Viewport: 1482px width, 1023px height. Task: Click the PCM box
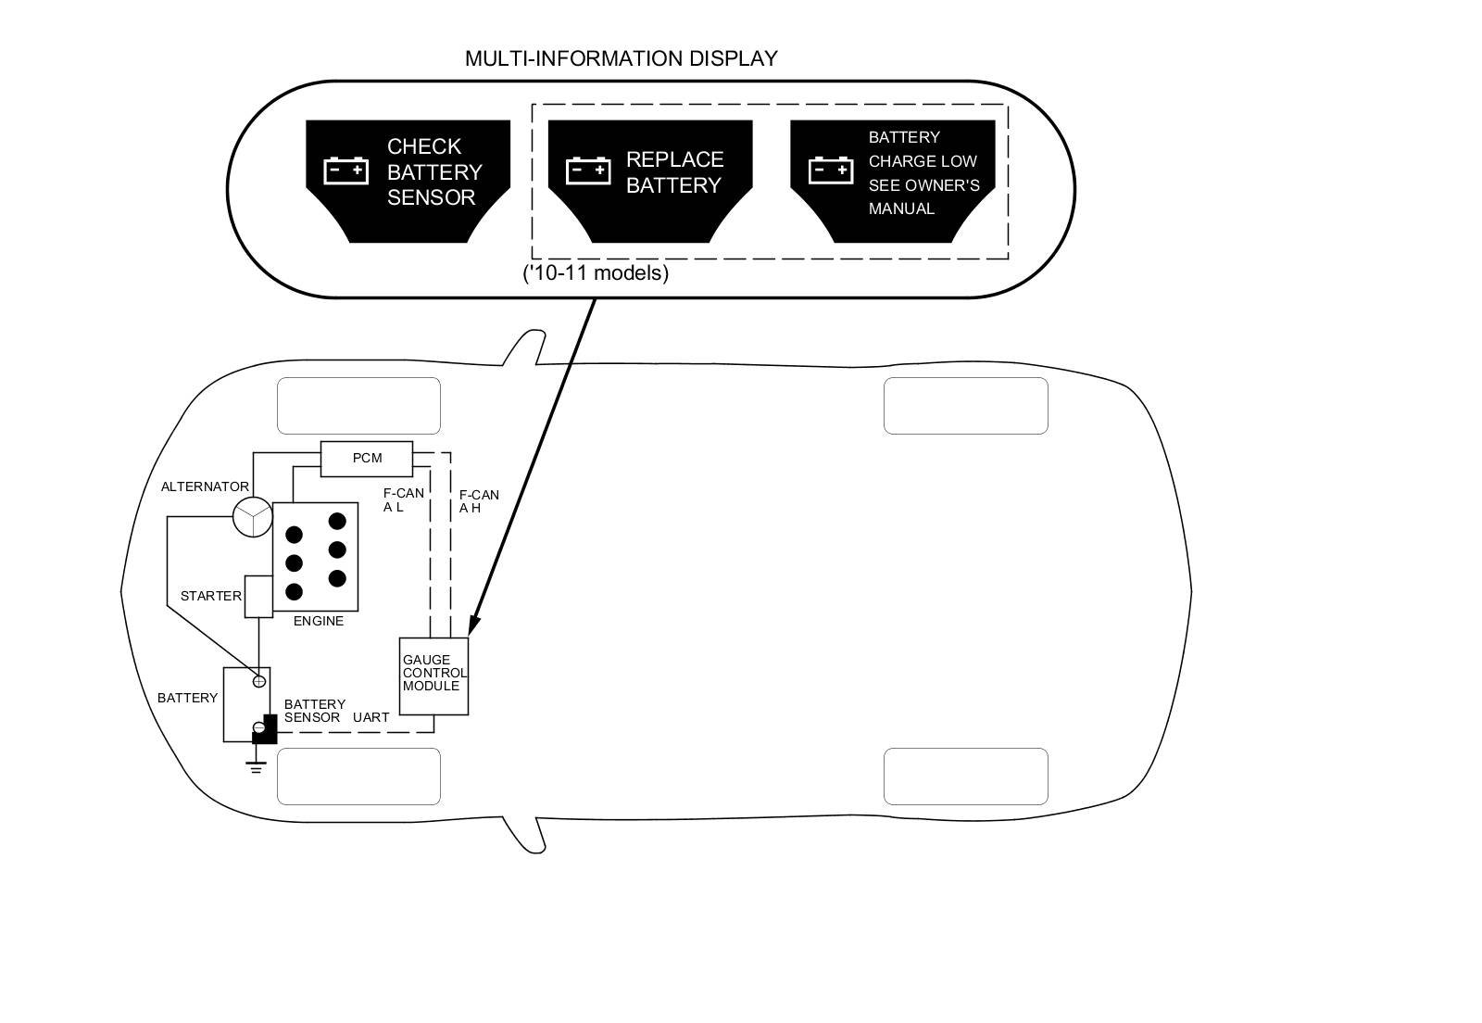click(x=367, y=459)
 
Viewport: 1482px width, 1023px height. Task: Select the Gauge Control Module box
click(x=433, y=676)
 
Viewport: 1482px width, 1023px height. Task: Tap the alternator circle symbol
click(x=253, y=517)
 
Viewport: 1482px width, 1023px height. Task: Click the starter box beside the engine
click(x=258, y=596)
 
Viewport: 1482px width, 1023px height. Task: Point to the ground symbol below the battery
click(x=257, y=765)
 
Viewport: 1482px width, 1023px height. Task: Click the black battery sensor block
click(x=266, y=730)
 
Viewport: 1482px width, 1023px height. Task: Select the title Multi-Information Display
click(x=621, y=58)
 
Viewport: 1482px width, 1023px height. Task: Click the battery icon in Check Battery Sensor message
click(x=345, y=170)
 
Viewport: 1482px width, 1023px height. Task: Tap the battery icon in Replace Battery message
click(x=588, y=170)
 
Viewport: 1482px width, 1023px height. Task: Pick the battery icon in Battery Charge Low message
click(x=831, y=170)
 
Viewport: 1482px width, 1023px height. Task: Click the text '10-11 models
click(x=596, y=273)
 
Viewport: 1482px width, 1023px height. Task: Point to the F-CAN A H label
click(x=479, y=501)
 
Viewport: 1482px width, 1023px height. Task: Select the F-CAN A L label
click(x=403, y=499)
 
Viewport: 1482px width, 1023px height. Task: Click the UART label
click(x=370, y=717)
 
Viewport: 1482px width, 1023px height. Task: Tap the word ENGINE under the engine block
click(x=319, y=621)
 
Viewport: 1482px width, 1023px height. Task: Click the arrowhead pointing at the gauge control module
click(x=473, y=625)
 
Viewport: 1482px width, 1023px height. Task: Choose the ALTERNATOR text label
click(x=205, y=486)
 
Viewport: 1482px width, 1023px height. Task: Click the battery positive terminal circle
click(x=259, y=682)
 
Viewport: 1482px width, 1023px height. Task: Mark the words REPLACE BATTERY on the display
click(x=674, y=172)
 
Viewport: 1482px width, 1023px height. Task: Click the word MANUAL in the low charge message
click(x=901, y=209)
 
